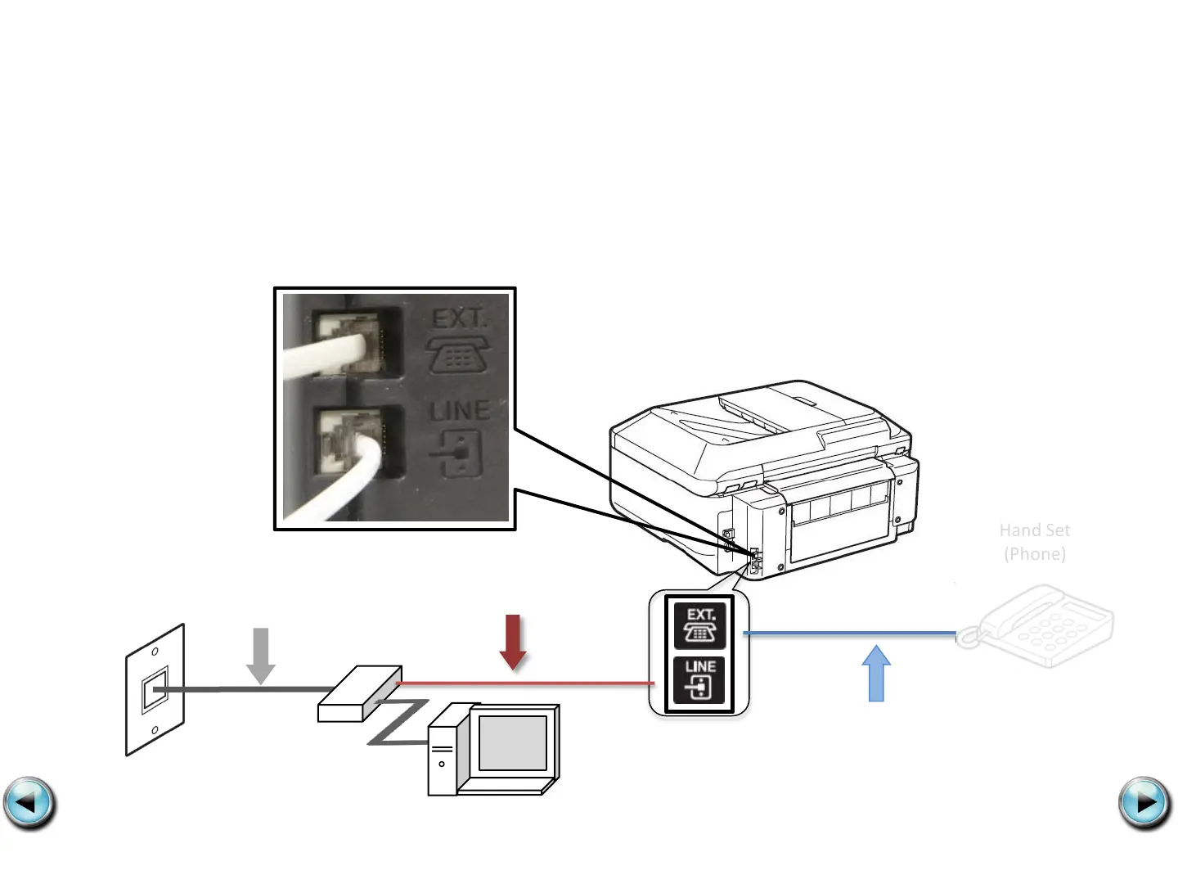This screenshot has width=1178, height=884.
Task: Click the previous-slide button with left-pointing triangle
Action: tap(29, 803)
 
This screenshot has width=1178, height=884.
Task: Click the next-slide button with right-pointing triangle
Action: tap(1144, 803)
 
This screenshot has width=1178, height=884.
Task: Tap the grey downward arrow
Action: tap(261, 655)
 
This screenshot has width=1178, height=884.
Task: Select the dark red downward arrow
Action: tap(513, 642)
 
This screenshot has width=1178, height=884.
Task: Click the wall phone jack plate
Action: tap(155, 690)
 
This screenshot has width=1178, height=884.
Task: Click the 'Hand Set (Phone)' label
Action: tap(1035, 542)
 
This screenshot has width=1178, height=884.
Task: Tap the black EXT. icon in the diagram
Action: tap(699, 625)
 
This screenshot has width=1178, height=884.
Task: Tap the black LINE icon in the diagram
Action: tap(699, 679)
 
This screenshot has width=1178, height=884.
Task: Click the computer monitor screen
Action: tap(513, 742)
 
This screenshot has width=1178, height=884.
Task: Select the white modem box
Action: tap(359, 694)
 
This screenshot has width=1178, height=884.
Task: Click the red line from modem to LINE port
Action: tap(524, 683)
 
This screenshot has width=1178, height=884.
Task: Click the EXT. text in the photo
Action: tap(459, 318)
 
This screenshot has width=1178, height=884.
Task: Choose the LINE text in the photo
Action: tap(460, 410)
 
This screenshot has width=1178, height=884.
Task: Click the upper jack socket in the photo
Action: tap(354, 343)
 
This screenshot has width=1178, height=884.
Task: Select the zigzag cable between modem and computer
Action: tap(399, 722)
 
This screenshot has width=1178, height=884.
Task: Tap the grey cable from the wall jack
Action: tap(245, 690)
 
